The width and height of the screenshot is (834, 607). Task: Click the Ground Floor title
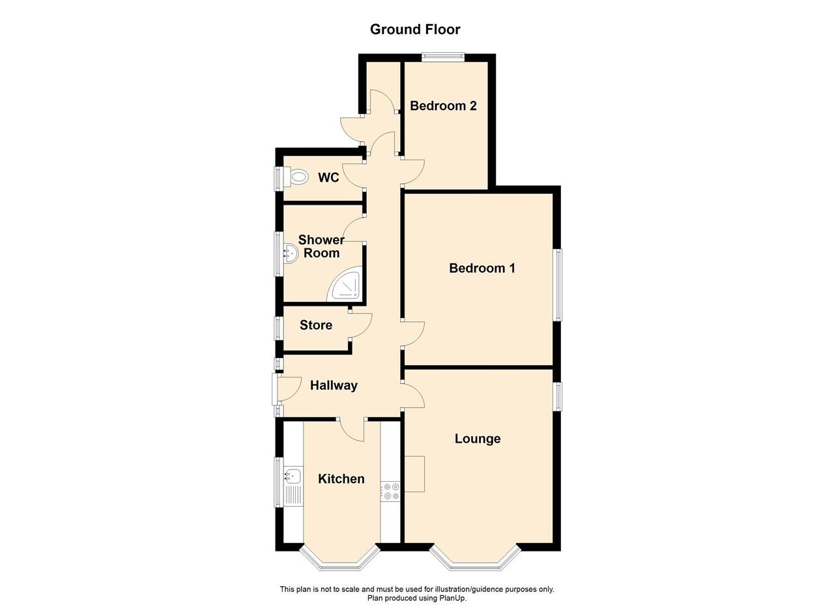(x=415, y=29)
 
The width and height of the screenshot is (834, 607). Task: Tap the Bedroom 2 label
(x=443, y=106)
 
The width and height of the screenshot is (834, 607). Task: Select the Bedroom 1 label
(x=482, y=268)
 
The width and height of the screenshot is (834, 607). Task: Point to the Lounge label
(x=478, y=439)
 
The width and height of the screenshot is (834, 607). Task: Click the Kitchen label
(x=341, y=479)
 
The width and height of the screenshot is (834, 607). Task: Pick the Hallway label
(x=334, y=385)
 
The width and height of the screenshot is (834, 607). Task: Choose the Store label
(x=316, y=325)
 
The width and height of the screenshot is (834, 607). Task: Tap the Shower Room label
(x=321, y=246)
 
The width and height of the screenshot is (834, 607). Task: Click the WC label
(x=328, y=177)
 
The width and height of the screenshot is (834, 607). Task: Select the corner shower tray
(x=345, y=286)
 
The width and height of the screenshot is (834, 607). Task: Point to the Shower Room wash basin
(x=289, y=253)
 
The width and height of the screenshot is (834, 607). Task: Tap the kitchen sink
(x=293, y=477)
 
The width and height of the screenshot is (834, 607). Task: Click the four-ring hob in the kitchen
(x=392, y=491)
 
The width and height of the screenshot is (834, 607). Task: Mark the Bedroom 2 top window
(x=443, y=57)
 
